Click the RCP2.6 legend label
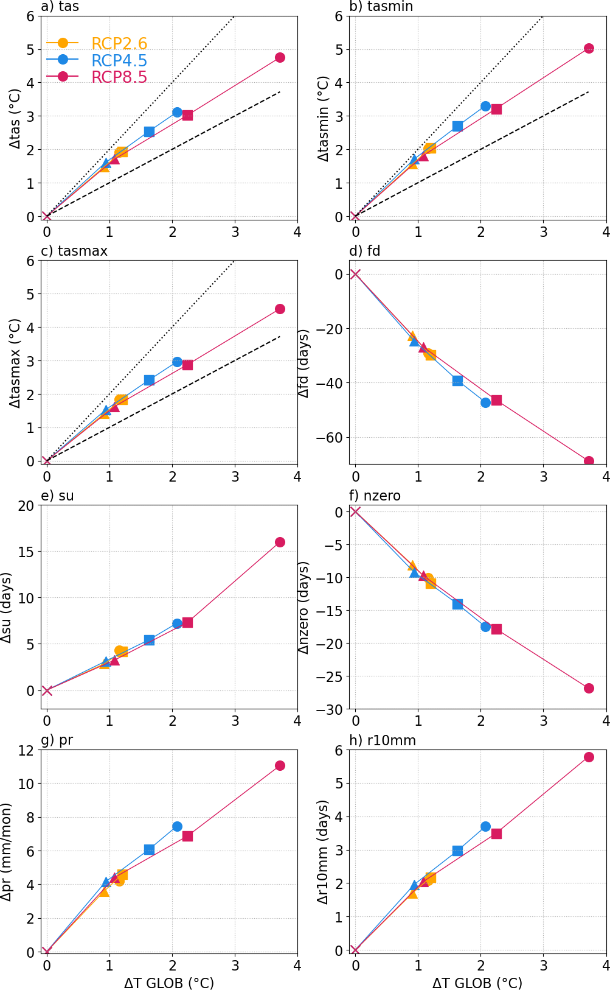pos(119,44)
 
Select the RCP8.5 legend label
pos(119,77)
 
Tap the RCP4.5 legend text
pos(119,61)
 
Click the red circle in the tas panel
pos(280,57)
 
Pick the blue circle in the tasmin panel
pos(485,106)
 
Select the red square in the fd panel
pos(496,400)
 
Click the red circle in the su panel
pos(280,542)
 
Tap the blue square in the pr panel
pos(149,849)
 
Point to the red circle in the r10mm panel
pos(589,757)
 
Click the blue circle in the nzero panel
pos(485,627)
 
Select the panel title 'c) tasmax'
pos(74,251)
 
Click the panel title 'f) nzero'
pos(375,496)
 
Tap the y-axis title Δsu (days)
pos(7,607)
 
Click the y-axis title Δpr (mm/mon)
pos(7,852)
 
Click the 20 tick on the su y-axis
pos(27,505)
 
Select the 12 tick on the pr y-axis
pos(27,750)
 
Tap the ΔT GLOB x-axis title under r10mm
pos(477,983)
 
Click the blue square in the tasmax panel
pos(149,380)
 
